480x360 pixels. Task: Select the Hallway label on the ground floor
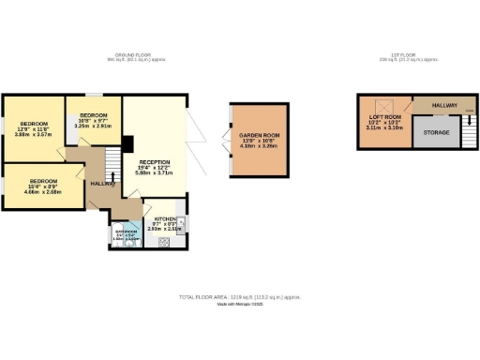point(102,184)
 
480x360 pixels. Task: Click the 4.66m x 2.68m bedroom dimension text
point(44,191)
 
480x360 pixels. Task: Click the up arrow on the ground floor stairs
point(113,174)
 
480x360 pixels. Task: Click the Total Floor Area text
point(240,297)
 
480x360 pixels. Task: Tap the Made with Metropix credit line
point(240,304)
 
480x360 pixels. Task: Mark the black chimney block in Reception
point(127,142)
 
